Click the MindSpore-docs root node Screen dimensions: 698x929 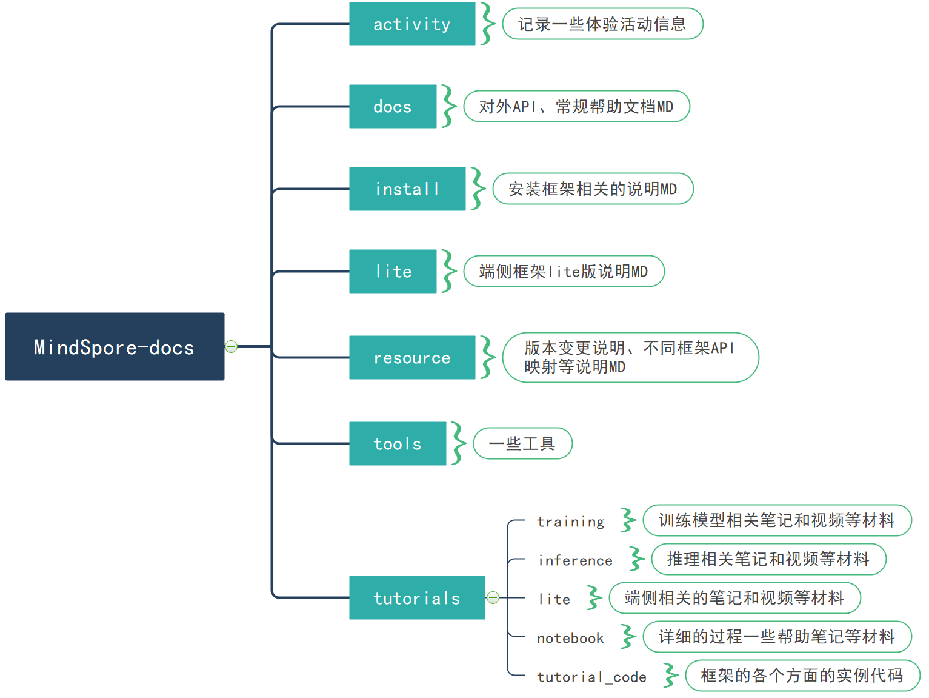115,346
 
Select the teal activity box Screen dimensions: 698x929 412,24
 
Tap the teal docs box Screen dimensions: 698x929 393,107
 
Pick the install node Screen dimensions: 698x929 407,189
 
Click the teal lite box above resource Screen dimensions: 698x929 393,272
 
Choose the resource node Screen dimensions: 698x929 412,358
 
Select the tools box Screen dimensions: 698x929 398,444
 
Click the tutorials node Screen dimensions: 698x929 417,598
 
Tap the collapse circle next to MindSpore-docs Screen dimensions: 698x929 231,346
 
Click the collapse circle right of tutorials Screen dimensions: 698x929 493,598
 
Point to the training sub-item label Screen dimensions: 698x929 570,522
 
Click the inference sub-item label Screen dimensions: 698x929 575,560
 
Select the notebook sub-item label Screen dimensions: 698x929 570,638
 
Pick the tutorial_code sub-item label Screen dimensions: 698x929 591,677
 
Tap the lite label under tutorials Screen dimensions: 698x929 554,599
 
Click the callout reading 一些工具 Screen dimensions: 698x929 522,443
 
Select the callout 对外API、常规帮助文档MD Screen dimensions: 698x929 576,107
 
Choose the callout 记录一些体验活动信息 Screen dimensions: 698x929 602,24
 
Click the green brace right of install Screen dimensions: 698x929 478,189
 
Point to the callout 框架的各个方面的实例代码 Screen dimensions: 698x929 802,676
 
